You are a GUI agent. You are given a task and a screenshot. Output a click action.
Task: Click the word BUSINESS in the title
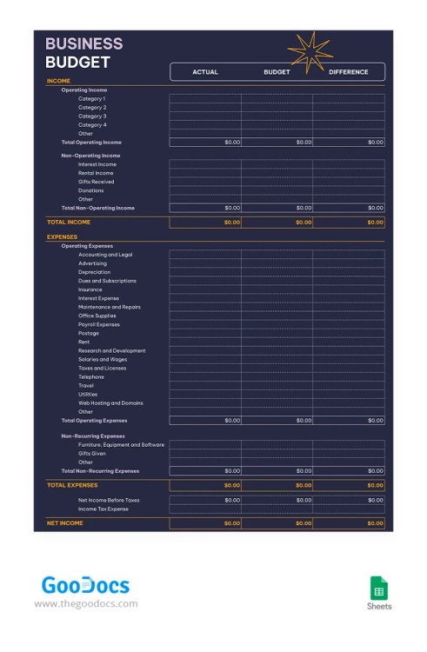tap(83, 43)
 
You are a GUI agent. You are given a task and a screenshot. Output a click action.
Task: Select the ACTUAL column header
tap(205, 72)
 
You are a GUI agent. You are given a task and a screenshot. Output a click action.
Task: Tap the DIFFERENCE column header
tap(348, 72)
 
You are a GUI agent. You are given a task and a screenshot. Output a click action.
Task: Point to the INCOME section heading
tap(58, 81)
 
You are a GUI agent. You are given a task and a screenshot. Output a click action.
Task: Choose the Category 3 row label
tap(92, 116)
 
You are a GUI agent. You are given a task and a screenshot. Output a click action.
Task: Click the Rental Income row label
tap(96, 173)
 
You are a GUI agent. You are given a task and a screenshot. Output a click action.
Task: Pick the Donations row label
tap(90, 190)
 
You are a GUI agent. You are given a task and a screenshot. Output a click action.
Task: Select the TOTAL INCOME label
tap(68, 222)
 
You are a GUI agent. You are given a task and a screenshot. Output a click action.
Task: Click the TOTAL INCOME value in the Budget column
tap(304, 223)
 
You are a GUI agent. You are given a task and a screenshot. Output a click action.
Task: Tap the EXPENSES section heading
tap(62, 236)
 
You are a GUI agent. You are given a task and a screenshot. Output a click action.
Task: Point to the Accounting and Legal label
tap(105, 255)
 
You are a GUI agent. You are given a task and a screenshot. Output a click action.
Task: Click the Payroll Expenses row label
tap(99, 324)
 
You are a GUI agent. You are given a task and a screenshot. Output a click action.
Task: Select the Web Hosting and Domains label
tap(110, 403)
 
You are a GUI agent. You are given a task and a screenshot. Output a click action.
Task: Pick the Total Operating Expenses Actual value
tap(232, 421)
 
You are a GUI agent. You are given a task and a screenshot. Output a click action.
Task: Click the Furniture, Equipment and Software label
tap(121, 445)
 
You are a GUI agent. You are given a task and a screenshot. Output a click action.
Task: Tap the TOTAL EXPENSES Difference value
tap(375, 486)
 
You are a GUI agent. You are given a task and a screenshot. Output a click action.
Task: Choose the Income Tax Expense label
tap(103, 509)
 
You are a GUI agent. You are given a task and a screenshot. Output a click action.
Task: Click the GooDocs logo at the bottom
tap(85, 585)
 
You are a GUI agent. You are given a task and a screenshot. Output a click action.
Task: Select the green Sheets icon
tap(379, 587)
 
